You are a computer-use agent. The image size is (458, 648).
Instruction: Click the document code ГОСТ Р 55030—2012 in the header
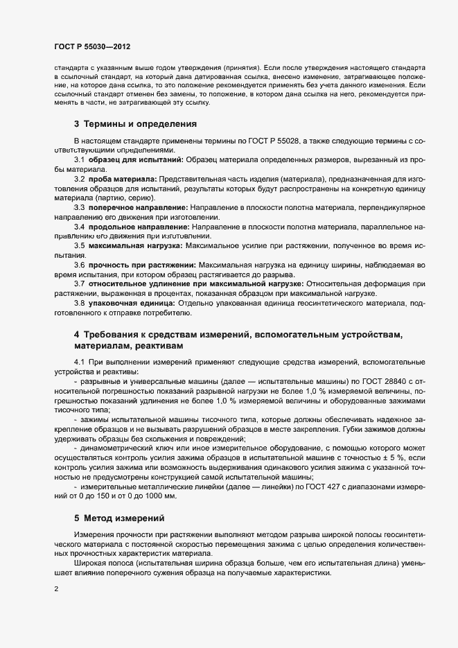pos(91,46)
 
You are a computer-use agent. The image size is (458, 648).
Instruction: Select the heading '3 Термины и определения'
pos(135,125)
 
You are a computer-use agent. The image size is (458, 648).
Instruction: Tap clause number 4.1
pos(80,362)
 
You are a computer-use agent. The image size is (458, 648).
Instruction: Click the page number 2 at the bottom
pos(55,589)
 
